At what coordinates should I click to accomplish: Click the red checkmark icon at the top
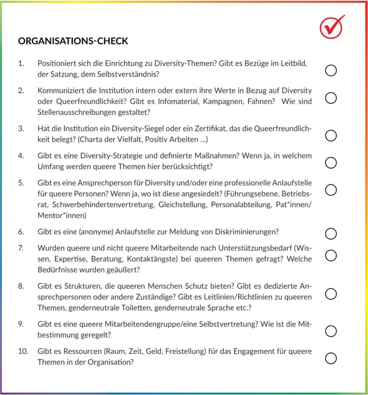332,27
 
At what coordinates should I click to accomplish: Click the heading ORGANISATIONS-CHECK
73,41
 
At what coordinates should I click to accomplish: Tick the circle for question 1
331,70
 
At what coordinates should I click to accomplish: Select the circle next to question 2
331,98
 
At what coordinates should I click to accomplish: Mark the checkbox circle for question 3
331,136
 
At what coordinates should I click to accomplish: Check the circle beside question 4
331,163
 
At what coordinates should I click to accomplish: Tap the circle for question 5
331,190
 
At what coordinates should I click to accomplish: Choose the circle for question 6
331,233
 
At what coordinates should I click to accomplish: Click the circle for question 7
331,255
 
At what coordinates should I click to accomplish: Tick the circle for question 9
331,331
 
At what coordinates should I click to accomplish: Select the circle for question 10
331,358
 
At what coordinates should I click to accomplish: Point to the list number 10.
23,351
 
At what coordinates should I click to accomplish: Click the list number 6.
21,232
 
